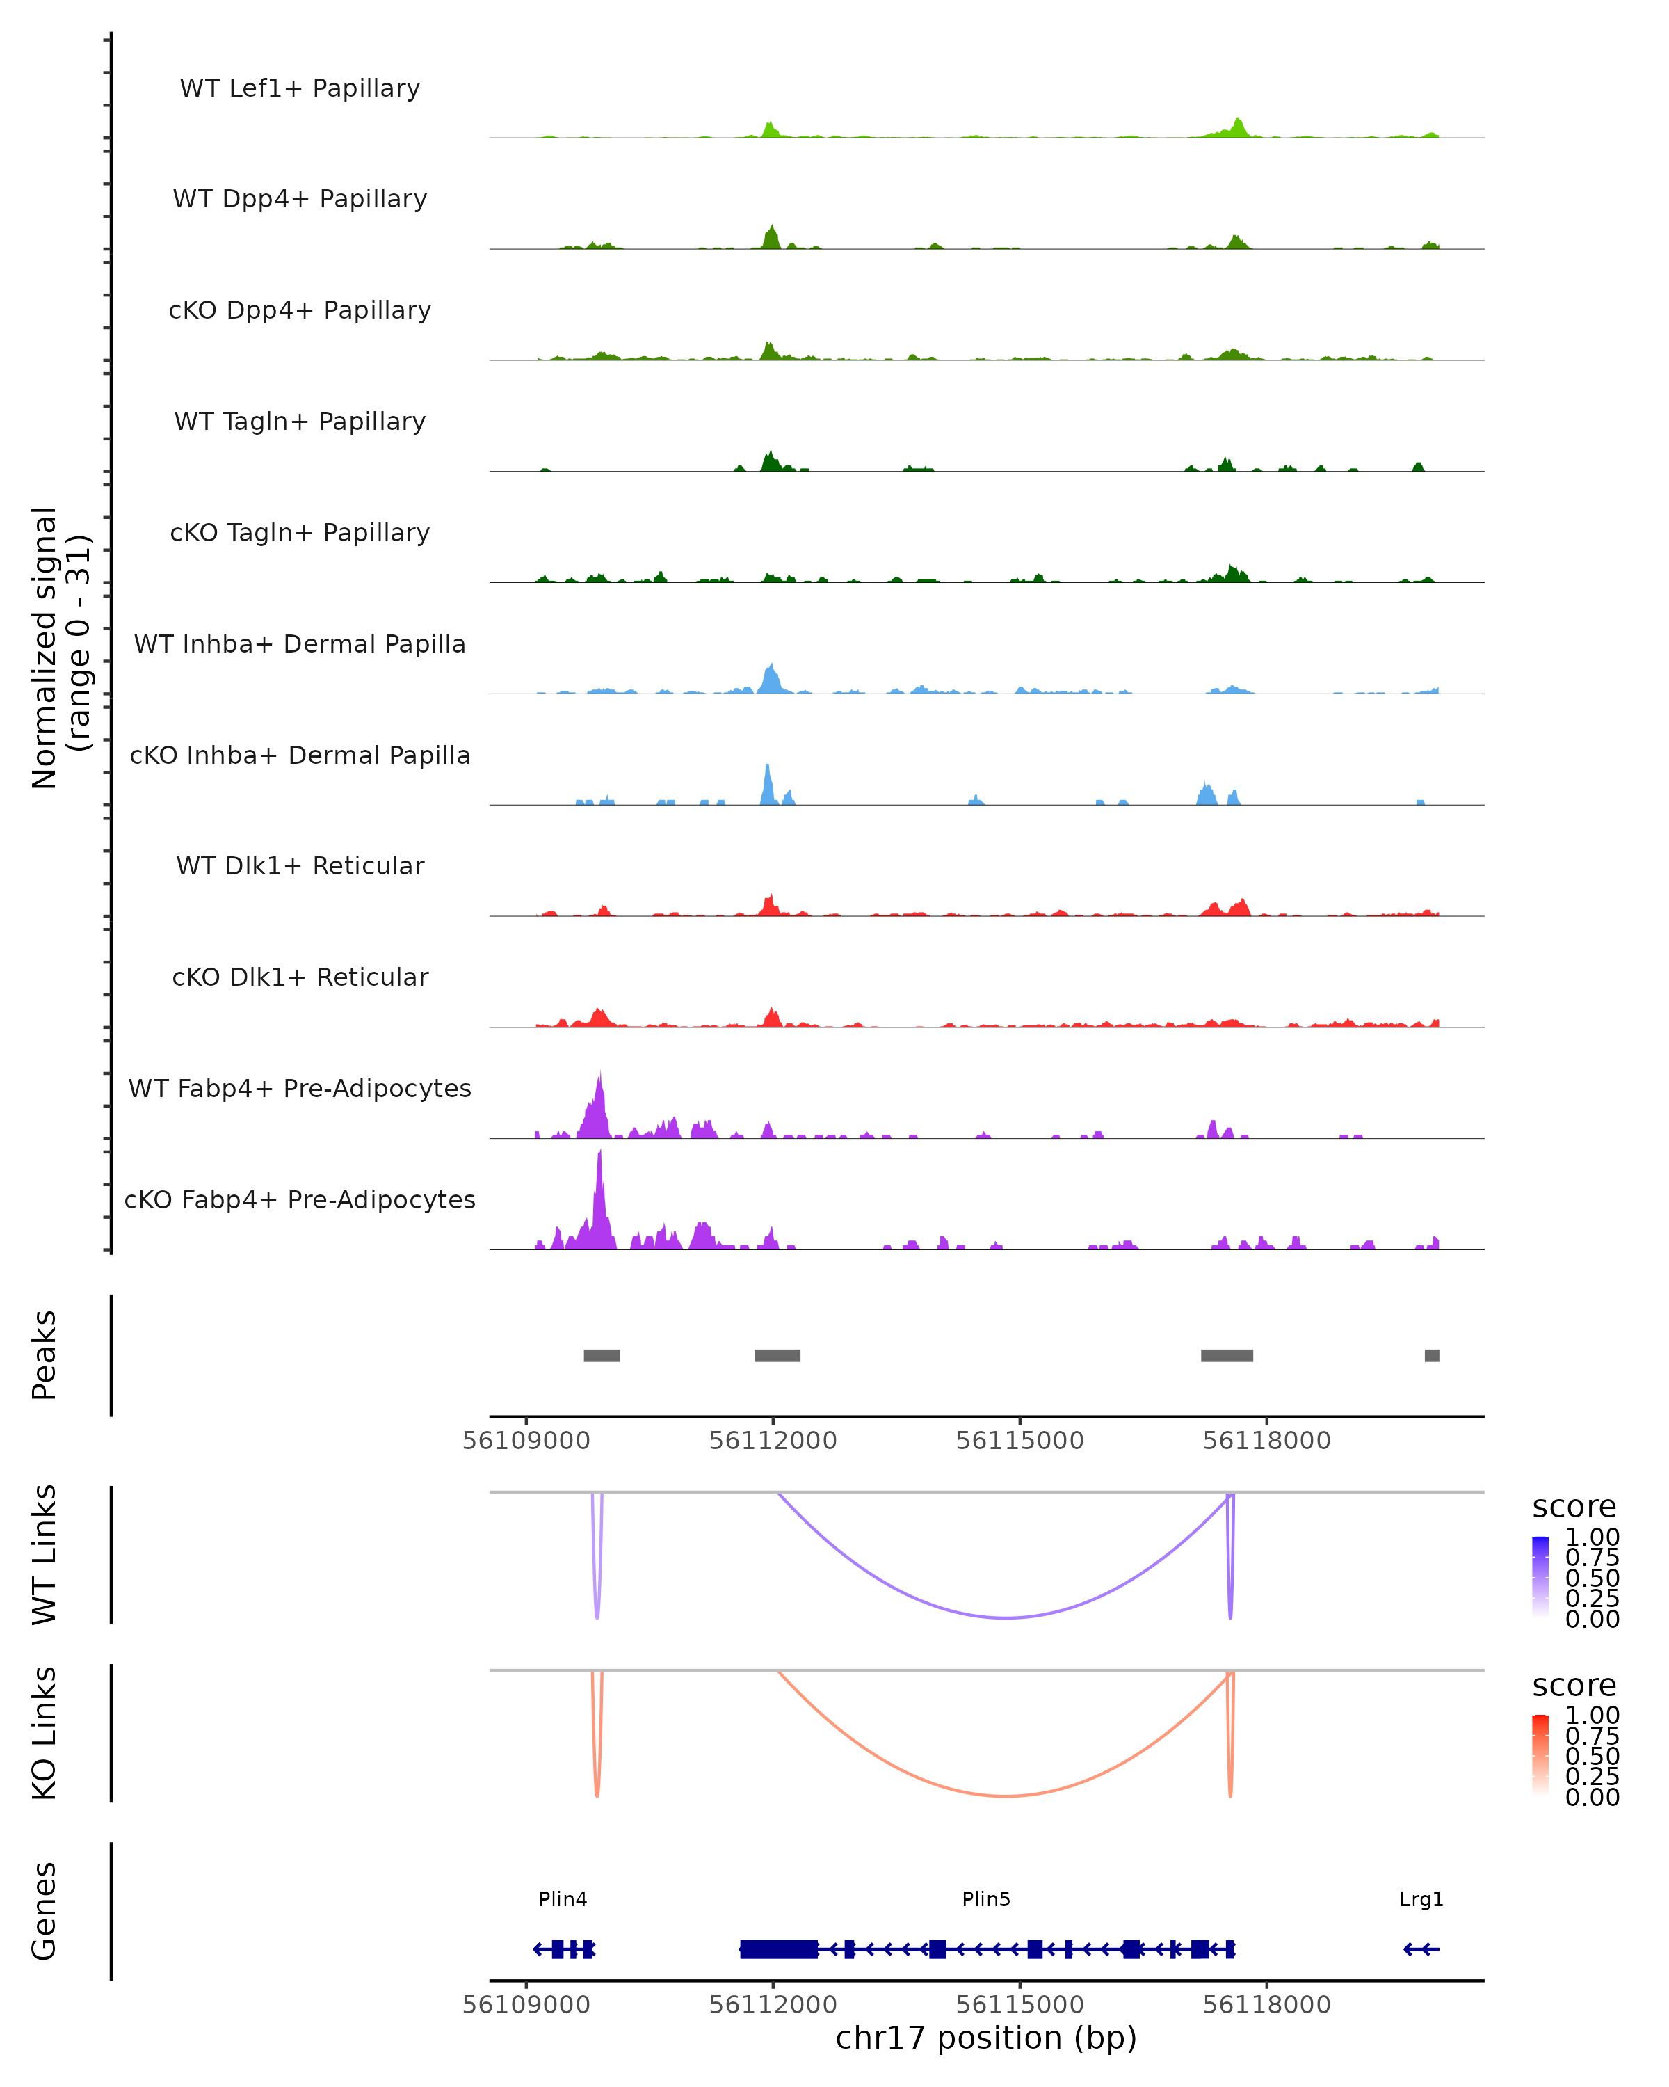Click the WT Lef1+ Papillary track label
[x=300, y=88]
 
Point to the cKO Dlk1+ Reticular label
[x=300, y=977]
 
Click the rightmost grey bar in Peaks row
[x=1432, y=1355]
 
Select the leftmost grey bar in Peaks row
[x=602, y=1355]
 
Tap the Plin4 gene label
[x=563, y=1899]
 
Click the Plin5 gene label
[x=986, y=1899]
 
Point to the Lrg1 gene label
[x=1421, y=1899]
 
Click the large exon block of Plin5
[x=779, y=1949]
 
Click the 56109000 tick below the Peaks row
[x=526, y=1441]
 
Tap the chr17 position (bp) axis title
[x=986, y=2038]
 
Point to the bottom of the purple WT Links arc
[x=1006, y=1617]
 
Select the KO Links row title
[x=45, y=1733]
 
